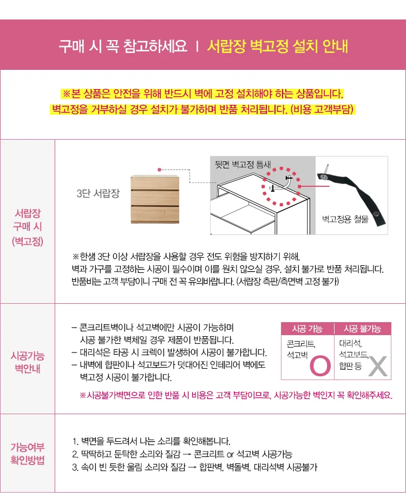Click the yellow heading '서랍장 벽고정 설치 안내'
pyautogui.click(x=278, y=46)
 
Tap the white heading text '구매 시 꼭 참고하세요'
pyautogui.click(x=123, y=46)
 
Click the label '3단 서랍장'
pyautogui.click(x=98, y=193)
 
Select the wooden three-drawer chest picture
pyautogui.click(x=155, y=199)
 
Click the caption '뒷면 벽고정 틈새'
pyautogui.click(x=243, y=164)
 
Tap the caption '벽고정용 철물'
pyautogui.click(x=345, y=219)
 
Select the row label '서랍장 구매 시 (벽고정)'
pyautogui.click(x=28, y=227)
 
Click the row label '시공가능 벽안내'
pyautogui.click(x=28, y=362)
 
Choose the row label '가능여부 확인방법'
pyautogui.click(x=28, y=454)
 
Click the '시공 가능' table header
pyautogui.click(x=307, y=329)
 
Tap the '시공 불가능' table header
pyautogui.click(x=363, y=329)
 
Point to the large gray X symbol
pyautogui.click(x=378, y=367)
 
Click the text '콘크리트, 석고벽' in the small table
pyautogui.click(x=301, y=349)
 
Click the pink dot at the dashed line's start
pyautogui.click(x=159, y=169)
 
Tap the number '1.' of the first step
pyautogui.click(x=75, y=441)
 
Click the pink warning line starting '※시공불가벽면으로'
pyautogui.click(x=236, y=395)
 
